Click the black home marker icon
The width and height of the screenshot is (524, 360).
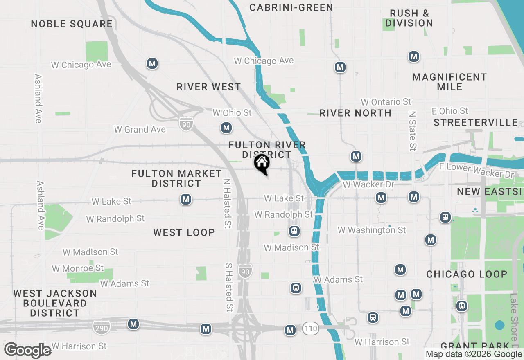[x=262, y=163]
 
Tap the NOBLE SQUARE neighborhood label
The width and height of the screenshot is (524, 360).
[x=72, y=24]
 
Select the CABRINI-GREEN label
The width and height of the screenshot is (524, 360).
[x=291, y=7]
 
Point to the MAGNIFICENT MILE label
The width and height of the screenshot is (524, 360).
[x=449, y=82]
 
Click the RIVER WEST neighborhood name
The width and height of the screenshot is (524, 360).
[x=209, y=87]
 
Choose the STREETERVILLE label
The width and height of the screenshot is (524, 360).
[x=476, y=122]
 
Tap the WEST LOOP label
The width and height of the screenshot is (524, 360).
[x=184, y=232]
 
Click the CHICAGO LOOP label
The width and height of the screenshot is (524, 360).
[x=467, y=274]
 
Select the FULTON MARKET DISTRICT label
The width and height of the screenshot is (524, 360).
[x=176, y=178]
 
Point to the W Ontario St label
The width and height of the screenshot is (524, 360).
[x=386, y=102]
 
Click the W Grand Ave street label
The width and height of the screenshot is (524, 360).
[x=140, y=130]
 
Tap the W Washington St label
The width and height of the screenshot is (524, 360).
[x=372, y=230]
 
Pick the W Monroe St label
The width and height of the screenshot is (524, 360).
[x=78, y=268]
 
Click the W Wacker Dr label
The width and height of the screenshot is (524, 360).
[x=368, y=184]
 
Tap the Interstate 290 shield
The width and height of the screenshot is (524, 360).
[x=102, y=326]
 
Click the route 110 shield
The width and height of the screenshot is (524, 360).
[x=311, y=328]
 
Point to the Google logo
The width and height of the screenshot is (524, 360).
[x=27, y=350]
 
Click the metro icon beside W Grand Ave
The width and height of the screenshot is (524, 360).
[x=226, y=128]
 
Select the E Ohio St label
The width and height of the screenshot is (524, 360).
[x=450, y=111]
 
